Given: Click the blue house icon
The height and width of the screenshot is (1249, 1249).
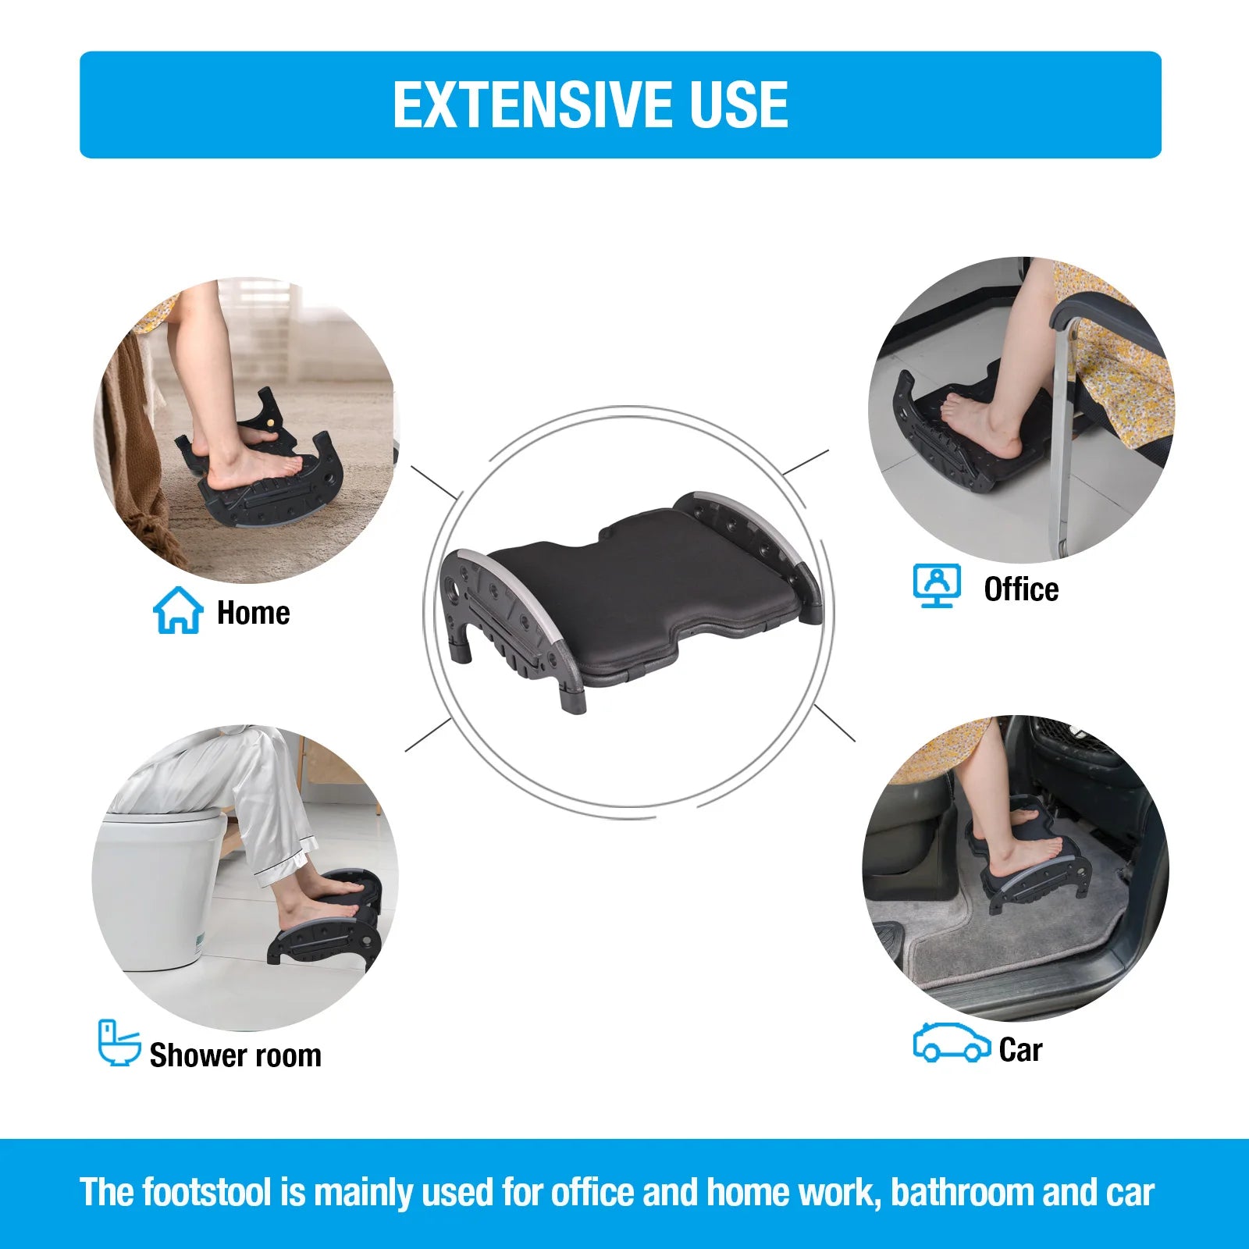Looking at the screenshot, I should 178,610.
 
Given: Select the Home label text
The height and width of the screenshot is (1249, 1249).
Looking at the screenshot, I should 253,614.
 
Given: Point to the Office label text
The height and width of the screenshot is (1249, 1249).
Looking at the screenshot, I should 1021,589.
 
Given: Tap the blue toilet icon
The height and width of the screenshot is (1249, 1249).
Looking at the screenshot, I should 119,1043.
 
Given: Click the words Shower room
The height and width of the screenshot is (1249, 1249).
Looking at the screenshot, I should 235,1055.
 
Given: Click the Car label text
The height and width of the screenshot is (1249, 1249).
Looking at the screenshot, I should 1020,1050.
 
